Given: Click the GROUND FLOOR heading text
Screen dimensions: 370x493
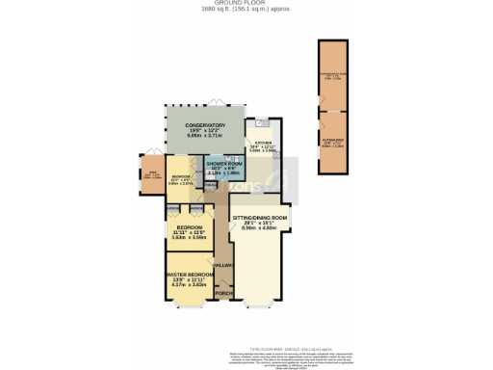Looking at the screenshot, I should [246, 4].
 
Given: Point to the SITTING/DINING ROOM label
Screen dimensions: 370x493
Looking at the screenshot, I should [260, 219].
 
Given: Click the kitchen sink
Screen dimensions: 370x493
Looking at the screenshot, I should [261, 123].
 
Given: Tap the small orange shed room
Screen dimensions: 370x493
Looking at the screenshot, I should [152, 176].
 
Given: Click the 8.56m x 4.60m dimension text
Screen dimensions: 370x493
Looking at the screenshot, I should [260, 229].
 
